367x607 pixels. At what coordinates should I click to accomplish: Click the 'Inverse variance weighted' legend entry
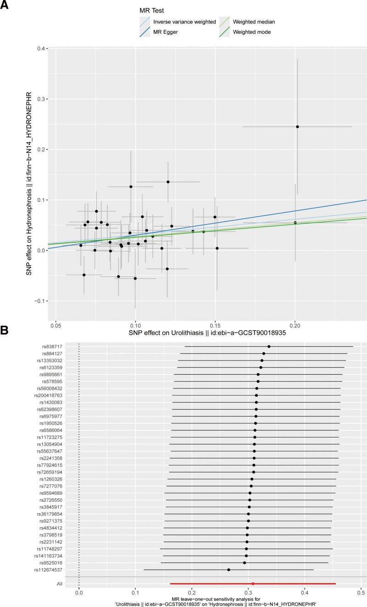click(x=184, y=22)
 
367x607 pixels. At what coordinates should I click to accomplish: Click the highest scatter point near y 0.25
click(x=297, y=126)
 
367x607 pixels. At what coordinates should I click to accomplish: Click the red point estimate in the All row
click(x=253, y=584)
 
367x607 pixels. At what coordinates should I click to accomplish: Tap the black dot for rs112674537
click(x=228, y=570)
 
